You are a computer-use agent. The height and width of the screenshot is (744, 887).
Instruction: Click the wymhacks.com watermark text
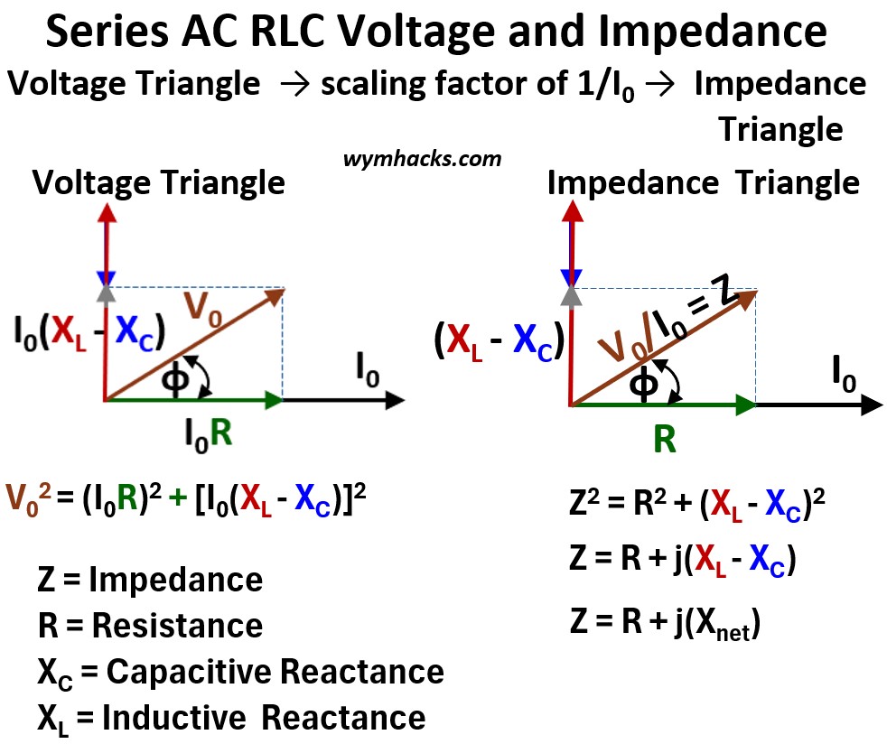coord(422,159)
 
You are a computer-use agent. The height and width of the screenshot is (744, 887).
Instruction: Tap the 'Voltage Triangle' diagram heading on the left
coord(159,183)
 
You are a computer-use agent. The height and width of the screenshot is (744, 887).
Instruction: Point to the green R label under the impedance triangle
coord(664,441)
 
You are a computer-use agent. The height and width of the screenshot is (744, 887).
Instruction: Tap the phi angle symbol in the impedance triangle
coord(642,385)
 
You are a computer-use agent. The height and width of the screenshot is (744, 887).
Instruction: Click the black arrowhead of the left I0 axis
coord(394,398)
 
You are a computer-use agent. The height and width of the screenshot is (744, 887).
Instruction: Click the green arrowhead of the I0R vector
coord(273,398)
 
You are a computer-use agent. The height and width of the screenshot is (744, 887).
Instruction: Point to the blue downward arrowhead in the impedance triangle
coord(570,277)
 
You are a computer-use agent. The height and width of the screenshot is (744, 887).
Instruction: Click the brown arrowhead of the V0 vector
coord(275,294)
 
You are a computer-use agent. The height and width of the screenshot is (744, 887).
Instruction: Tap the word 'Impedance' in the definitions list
coord(175,580)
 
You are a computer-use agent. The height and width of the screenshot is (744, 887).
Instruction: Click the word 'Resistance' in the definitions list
coord(177,626)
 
